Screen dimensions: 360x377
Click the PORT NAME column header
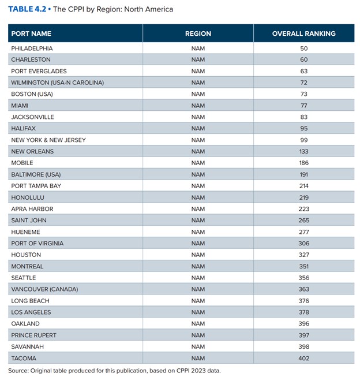point(31,33)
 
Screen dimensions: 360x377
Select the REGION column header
point(198,33)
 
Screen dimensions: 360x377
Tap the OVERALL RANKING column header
point(304,33)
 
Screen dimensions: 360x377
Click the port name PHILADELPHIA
point(32,48)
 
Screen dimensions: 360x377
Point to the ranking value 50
point(304,48)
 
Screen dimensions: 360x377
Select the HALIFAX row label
point(23,128)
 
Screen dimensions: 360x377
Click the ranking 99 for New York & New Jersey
point(304,140)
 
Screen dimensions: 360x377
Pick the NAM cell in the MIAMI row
point(198,106)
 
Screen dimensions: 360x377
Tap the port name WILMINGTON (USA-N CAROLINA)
point(58,83)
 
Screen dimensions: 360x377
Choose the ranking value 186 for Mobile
point(304,163)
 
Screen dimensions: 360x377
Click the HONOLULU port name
point(28,197)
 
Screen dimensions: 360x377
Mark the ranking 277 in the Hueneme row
point(304,232)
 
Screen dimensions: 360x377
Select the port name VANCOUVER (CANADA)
point(44,289)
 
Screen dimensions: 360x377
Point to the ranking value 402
point(304,359)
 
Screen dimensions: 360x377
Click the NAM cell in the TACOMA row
point(198,359)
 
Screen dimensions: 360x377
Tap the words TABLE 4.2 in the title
point(27,9)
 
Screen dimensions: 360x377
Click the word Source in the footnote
point(17,371)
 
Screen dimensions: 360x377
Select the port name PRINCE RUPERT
point(33,335)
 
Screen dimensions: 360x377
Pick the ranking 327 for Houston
point(304,255)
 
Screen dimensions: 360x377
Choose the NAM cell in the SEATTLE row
point(198,278)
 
